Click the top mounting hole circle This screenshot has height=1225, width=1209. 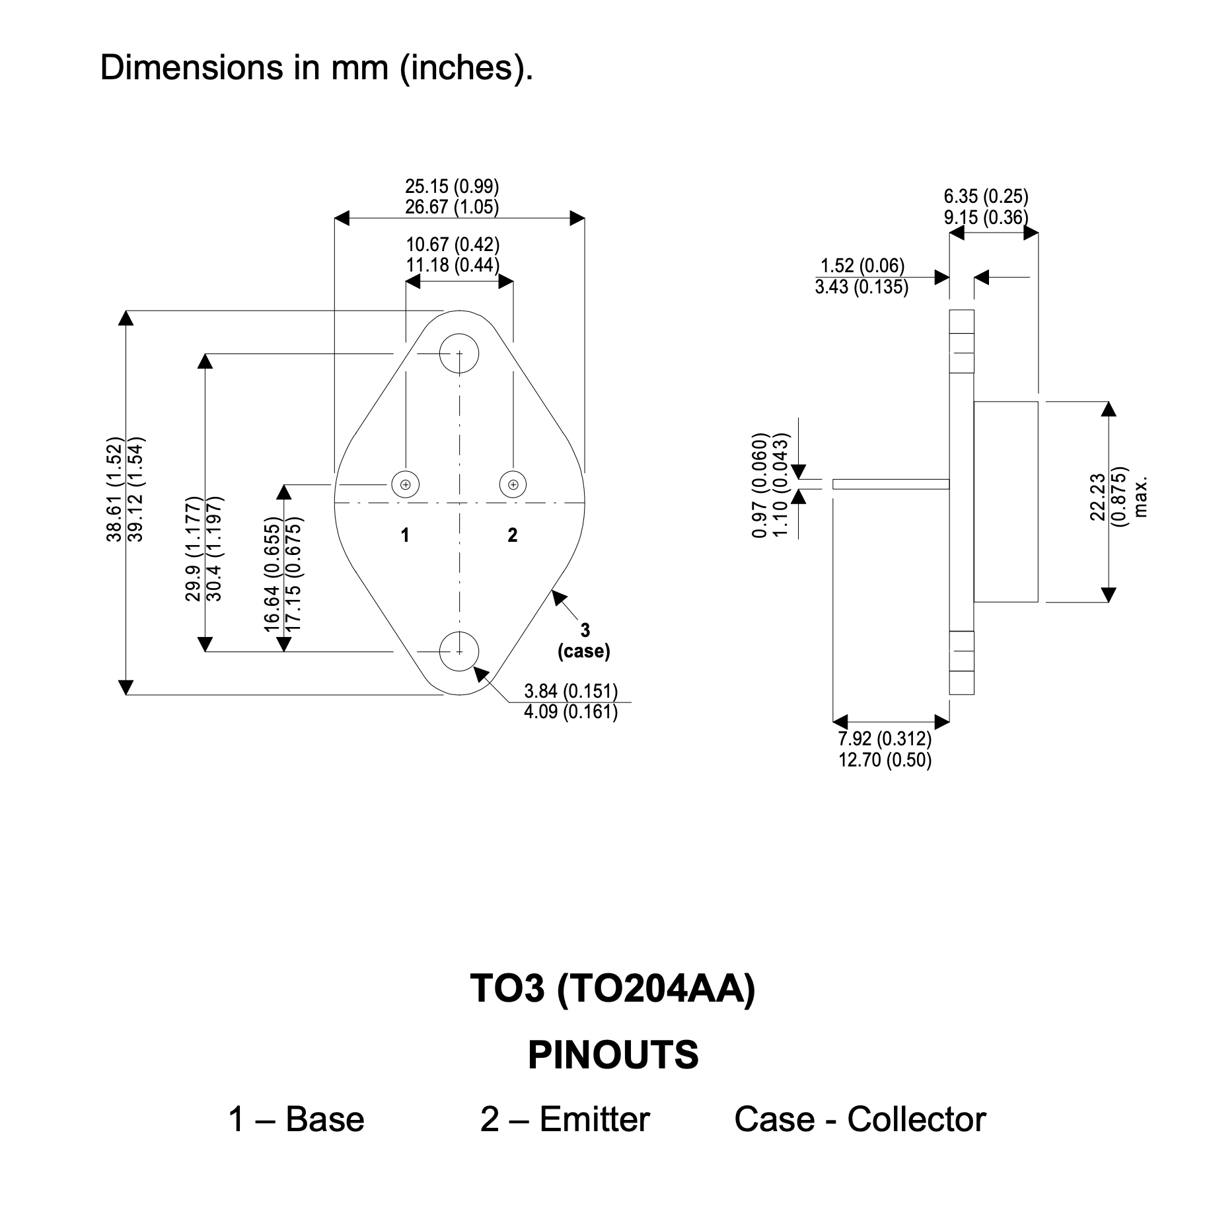tap(459, 353)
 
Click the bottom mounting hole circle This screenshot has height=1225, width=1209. tap(459, 651)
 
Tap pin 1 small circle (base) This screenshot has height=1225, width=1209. tap(405, 484)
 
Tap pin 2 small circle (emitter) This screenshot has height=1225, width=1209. tap(513, 484)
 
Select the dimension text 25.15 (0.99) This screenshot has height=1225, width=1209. tap(452, 186)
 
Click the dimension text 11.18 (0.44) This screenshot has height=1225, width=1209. tap(453, 266)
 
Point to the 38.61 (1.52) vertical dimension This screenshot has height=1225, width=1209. tap(115, 489)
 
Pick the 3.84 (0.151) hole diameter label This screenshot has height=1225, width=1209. tap(571, 691)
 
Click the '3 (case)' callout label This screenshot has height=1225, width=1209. tap(584, 641)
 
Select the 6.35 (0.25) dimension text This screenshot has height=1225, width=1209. tap(986, 196)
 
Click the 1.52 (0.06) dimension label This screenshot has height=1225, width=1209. tap(862, 266)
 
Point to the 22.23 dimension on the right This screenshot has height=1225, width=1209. tap(1098, 497)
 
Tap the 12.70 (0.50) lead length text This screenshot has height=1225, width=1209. tap(885, 760)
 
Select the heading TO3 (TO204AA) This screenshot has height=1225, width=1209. tap(612, 988)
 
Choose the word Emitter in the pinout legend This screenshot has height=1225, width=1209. tap(595, 1120)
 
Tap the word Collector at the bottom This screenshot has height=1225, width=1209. tap(916, 1120)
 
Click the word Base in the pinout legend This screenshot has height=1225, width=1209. tap(325, 1120)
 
